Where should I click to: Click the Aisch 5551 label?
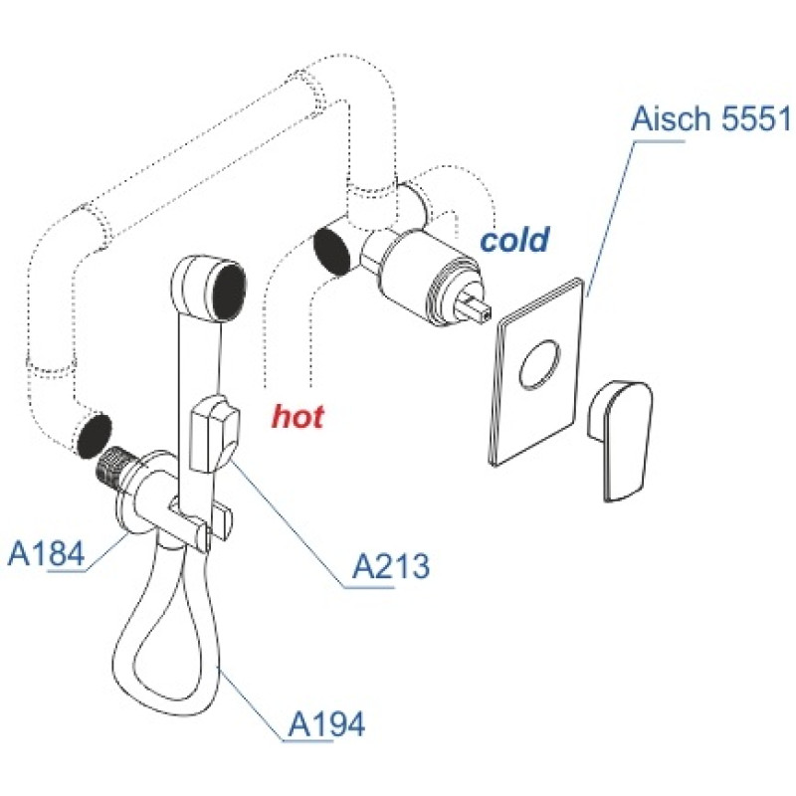[x=710, y=118]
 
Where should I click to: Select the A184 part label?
[x=46, y=553]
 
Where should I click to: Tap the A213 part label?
[x=390, y=565]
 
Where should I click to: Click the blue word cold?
[x=514, y=239]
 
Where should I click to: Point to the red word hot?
[x=298, y=416]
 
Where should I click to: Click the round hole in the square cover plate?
[x=539, y=364]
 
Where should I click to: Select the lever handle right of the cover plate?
[x=620, y=440]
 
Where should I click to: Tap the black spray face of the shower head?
[x=229, y=291]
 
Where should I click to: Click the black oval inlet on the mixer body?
[x=332, y=253]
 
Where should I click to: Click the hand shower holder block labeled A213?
[x=213, y=435]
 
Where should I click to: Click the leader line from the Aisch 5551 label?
[x=610, y=218]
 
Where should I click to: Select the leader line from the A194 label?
[x=251, y=703]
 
